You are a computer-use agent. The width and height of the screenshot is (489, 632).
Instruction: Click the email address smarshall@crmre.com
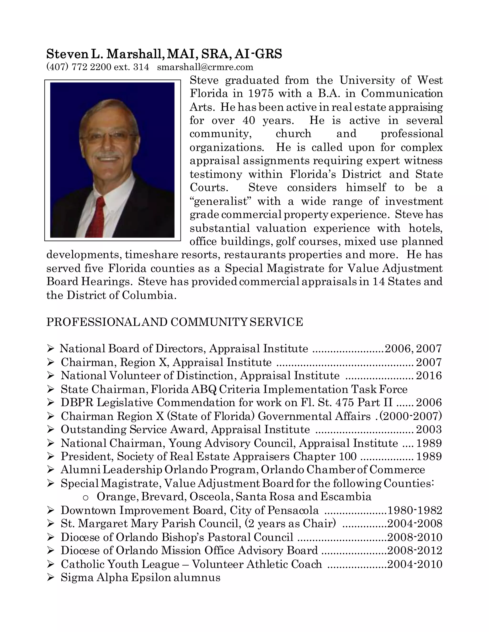[205, 67]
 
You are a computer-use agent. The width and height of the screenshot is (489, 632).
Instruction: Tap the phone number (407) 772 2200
[79, 67]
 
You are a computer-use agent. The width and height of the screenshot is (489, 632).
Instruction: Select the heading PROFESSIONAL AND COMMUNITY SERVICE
[175, 322]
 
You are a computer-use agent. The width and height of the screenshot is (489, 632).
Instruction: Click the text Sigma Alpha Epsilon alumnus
[140, 577]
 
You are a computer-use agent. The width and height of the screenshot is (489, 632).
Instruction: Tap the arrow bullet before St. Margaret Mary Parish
[50, 523]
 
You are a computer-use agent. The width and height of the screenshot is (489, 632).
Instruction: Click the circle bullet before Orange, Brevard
[85, 497]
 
